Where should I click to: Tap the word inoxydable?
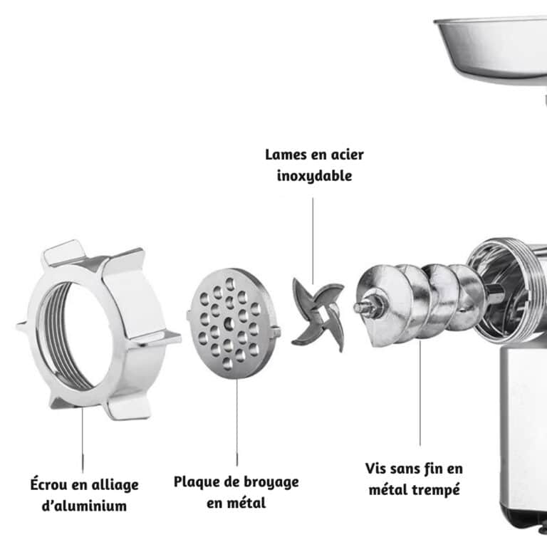point(314,175)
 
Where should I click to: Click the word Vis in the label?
point(378,469)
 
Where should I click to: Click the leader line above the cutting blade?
point(313,235)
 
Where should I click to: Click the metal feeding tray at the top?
point(491,43)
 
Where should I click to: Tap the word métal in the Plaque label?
point(246,503)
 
